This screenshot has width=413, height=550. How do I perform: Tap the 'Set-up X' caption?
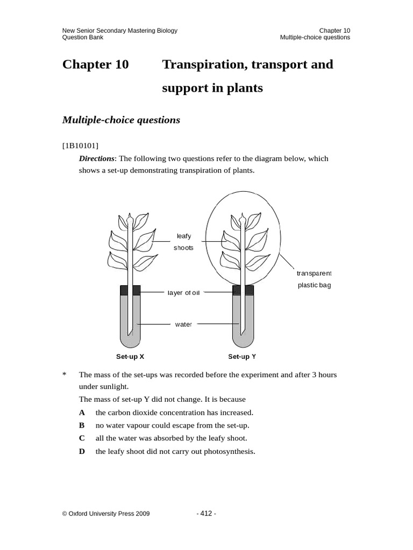(130, 356)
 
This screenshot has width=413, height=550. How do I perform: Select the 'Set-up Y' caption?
(242, 356)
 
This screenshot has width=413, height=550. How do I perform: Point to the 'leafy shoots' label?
(183, 242)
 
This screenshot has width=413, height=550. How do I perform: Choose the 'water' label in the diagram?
(183, 324)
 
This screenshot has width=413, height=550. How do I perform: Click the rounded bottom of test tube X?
(130, 342)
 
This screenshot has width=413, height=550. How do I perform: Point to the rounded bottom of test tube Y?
(243, 342)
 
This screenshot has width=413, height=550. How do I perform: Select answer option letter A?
(82, 412)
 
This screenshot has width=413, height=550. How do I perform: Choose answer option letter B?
(82, 425)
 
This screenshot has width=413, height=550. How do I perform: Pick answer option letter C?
(82, 438)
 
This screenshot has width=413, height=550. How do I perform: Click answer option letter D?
(82, 451)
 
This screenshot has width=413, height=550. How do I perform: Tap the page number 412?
(206, 513)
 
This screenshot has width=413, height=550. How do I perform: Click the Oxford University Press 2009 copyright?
(106, 513)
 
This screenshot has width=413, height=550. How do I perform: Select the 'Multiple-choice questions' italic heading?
(121, 120)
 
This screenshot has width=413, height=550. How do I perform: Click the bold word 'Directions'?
(97, 158)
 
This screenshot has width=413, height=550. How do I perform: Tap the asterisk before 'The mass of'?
(64, 374)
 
